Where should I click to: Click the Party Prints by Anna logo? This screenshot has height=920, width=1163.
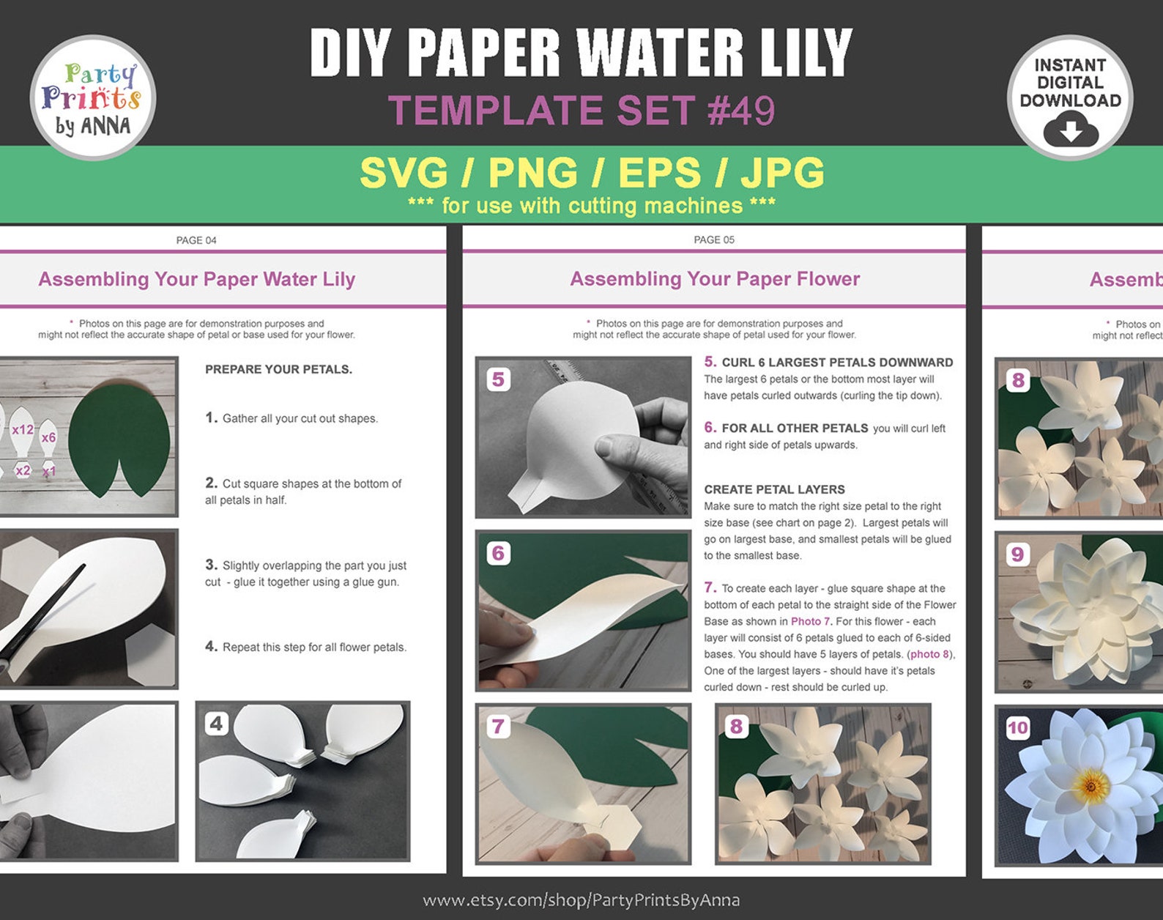[x=93, y=98]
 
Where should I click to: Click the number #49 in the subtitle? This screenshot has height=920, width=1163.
[x=741, y=111]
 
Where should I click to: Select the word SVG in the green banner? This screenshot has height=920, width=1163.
[x=404, y=174]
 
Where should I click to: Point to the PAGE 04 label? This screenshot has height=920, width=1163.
[x=196, y=240]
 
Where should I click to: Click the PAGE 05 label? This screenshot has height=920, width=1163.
[x=714, y=240]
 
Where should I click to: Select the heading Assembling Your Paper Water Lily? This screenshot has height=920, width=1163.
[x=196, y=279]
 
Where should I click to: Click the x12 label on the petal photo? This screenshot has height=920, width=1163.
[x=22, y=430]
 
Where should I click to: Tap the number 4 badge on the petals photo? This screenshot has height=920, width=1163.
[x=216, y=724]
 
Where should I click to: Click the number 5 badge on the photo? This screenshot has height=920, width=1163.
[x=498, y=379]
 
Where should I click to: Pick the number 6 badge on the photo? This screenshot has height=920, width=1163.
[x=498, y=553]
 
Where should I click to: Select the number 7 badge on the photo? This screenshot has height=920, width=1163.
[x=498, y=726]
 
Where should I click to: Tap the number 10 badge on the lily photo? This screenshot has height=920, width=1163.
[x=1018, y=727]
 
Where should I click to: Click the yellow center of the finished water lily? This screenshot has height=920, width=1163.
[x=1091, y=787]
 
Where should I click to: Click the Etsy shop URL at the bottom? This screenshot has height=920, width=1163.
[x=581, y=899]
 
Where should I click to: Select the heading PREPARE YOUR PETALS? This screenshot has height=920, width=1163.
[x=278, y=369]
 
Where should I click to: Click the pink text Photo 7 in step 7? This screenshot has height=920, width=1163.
[x=810, y=621]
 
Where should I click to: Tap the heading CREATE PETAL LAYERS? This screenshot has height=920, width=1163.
[x=774, y=489]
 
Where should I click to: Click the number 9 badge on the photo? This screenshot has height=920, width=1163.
[x=1017, y=554]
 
